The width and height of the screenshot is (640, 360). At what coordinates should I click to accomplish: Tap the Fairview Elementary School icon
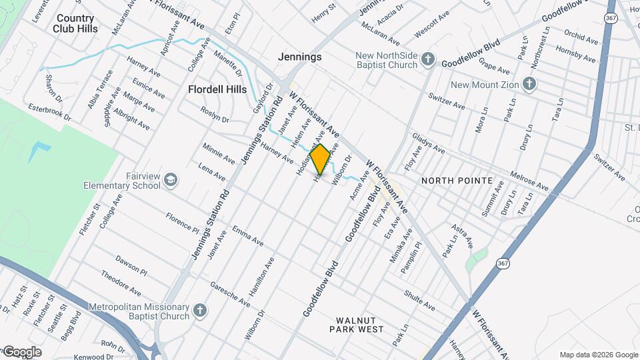click(x=171, y=179)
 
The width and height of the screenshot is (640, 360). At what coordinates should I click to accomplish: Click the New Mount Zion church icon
click(x=529, y=84)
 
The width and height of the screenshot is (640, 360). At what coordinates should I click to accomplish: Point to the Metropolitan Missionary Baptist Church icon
click(x=199, y=311)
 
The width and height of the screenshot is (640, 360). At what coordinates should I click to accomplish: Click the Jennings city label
click(x=299, y=57)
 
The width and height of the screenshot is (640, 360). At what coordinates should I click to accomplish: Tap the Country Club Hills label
click(x=77, y=23)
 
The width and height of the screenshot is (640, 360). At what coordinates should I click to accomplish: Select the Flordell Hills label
click(x=217, y=89)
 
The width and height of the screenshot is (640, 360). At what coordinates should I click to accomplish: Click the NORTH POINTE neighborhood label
click(x=457, y=181)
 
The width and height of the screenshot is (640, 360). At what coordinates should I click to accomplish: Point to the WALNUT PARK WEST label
click(x=360, y=325)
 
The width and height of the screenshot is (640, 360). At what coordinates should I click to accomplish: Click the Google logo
click(x=22, y=352)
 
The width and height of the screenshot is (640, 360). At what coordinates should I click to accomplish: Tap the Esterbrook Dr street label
click(x=50, y=111)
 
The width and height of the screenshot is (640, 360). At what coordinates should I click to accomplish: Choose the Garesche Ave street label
click(x=229, y=294)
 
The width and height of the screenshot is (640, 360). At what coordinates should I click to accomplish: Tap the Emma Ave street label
click(x=248, y=235)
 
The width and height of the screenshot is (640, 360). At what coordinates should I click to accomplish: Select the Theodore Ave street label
click(x=121, y=283)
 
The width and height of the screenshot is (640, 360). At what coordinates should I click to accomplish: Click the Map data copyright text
click(x=599, y=355)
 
